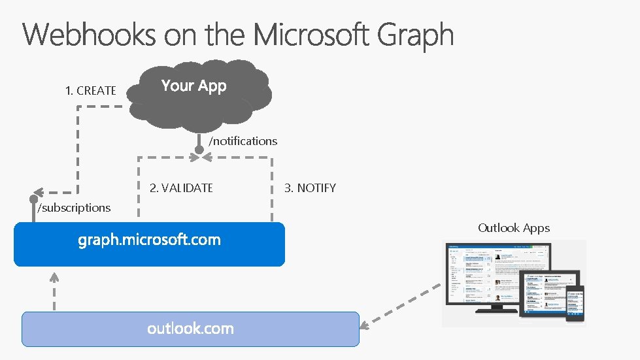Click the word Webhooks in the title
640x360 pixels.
coord(90,35)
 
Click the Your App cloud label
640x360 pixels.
coord(194,86)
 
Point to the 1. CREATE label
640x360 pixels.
coord(91,91)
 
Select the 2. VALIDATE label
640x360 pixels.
coord(181,188)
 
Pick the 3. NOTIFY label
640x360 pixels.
coord(310,188)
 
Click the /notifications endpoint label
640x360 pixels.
coord(243,141)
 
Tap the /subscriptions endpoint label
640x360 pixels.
coord(74,208)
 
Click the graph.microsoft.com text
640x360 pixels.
coord(149,240)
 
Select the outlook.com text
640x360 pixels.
coord(190,328)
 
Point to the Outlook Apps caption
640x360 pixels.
coord(514,228)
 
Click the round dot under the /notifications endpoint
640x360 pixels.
coord(199,150)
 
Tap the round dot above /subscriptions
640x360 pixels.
coord(33,199)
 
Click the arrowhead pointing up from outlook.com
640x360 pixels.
coord(55,276)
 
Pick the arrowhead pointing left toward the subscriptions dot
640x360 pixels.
coord(40,193)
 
